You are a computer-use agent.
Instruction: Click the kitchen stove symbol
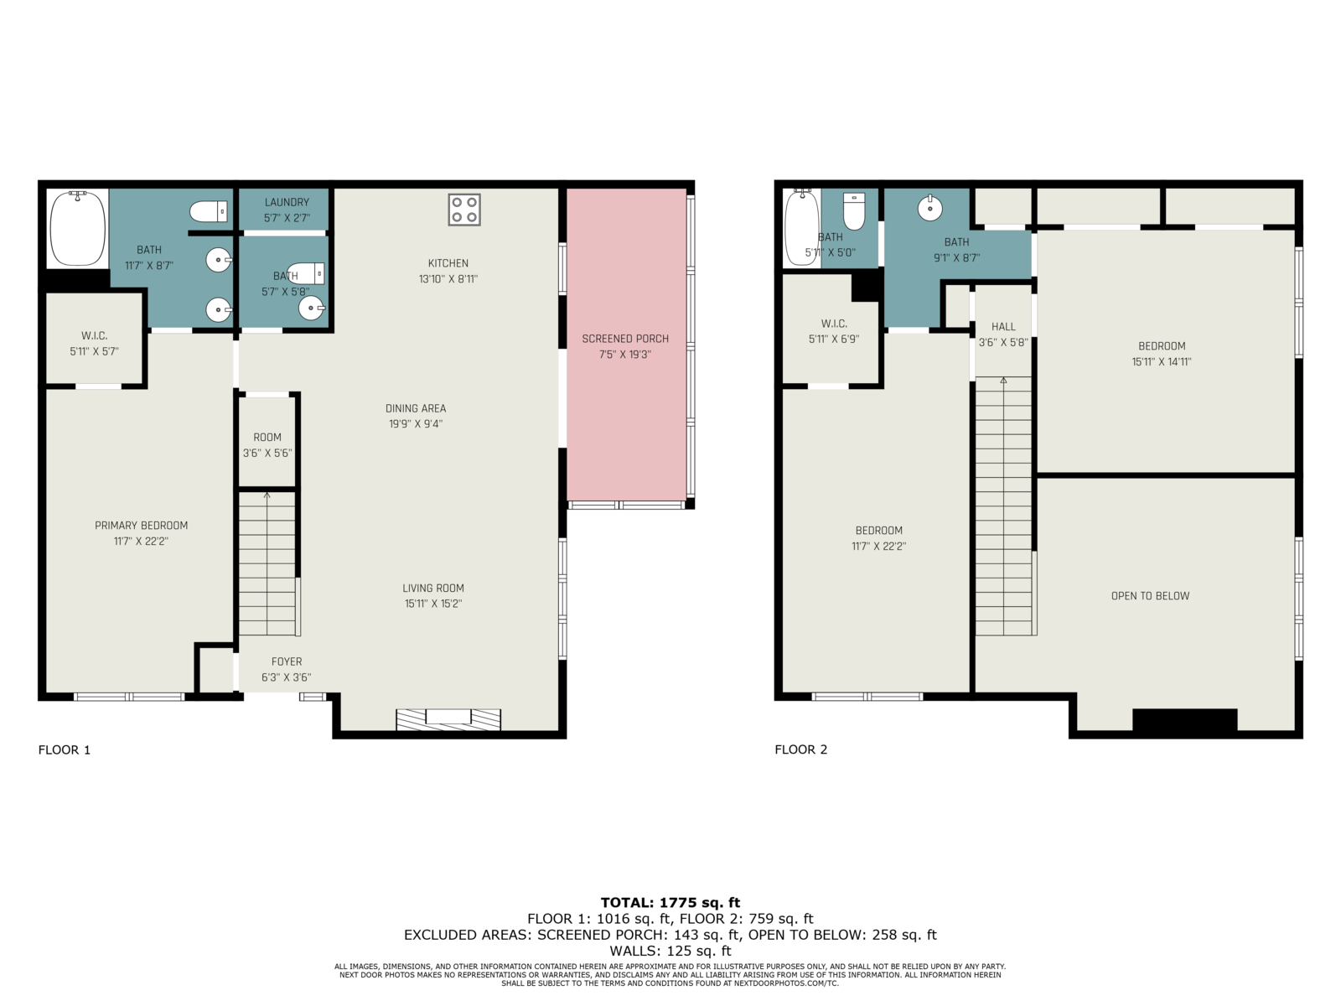tap(463, 210)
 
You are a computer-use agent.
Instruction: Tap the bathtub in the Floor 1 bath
tap(78, 228)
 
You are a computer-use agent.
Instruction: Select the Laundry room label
tap(287, 202)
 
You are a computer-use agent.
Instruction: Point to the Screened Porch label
tap(625, 339)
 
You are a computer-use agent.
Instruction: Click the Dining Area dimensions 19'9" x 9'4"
tap(416, 424)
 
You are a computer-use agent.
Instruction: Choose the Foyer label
tap(287, 661)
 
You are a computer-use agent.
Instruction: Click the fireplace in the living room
tap(448, 719)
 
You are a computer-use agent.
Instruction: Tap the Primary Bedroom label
tap(141, 526)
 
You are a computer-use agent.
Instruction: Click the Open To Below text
tap(1150, 596)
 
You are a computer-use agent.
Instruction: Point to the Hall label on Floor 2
tap(1003, 327)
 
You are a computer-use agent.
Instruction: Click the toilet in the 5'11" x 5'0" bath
tap(853, 210)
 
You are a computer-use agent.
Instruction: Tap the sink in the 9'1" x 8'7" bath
tap(929, 208)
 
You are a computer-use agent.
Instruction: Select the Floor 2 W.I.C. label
tap(834, 324)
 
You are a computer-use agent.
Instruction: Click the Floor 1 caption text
tap(65, 749)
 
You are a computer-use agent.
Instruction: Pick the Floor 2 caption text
tap(801, 749)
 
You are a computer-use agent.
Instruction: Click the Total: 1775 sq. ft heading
tap(670, 902)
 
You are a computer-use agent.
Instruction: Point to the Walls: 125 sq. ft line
tap(670, 951)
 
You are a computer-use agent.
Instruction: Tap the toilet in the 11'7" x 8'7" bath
tap(209, 212)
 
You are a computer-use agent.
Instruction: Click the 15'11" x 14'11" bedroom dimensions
tap(1162, 361)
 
